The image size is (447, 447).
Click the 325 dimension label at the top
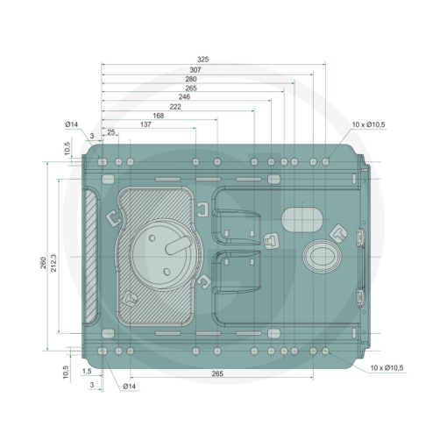coord(202,60)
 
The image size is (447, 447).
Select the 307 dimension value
coord(195,70)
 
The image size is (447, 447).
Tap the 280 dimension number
coord(191,79)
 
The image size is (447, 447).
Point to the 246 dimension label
coord(184,96)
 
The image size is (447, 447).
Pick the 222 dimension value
coord(175,107)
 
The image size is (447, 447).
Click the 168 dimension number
coord(159,116)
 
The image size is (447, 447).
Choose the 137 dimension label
coord(145,124)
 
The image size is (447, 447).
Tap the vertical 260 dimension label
coord(43,263)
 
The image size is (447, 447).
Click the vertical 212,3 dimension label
coord(53,263)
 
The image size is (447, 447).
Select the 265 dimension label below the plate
coord(217,373)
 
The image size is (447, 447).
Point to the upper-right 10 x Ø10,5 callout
coord(368,124)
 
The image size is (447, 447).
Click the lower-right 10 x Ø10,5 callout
coord(387,368)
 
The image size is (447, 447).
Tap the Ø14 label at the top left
coord(72,124)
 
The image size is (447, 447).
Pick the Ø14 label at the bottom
coord(129,387)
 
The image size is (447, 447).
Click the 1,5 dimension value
coord(87,372)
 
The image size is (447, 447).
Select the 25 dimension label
coord(111,132)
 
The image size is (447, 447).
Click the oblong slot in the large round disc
coord(179,245)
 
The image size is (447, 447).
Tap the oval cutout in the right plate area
coord(302,220)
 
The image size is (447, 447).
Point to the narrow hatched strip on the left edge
coord(90,256)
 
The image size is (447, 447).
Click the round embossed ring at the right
coord(322,257)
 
